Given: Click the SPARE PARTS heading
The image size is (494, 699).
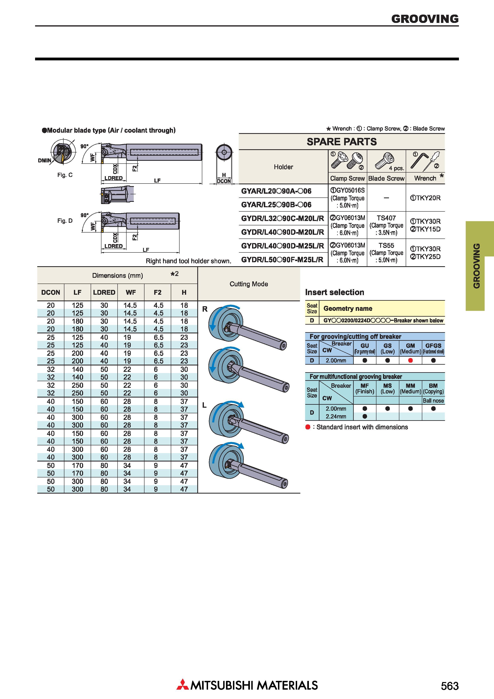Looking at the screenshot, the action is coord(342,142).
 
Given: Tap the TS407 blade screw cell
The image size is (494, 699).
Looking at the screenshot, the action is coord(386,218).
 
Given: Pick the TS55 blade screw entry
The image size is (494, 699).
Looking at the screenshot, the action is coord(386,245).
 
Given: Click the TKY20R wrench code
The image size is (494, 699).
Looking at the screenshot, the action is coord(425,198).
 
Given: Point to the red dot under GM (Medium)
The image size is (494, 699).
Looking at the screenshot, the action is coord(410,360).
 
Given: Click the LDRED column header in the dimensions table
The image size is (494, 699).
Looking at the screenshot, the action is coord(104,293).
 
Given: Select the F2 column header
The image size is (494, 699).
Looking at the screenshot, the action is coord(157,293).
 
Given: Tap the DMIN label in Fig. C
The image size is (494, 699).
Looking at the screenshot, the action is coord(44,160).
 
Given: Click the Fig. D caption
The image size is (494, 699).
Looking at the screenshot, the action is coord(65,221).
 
